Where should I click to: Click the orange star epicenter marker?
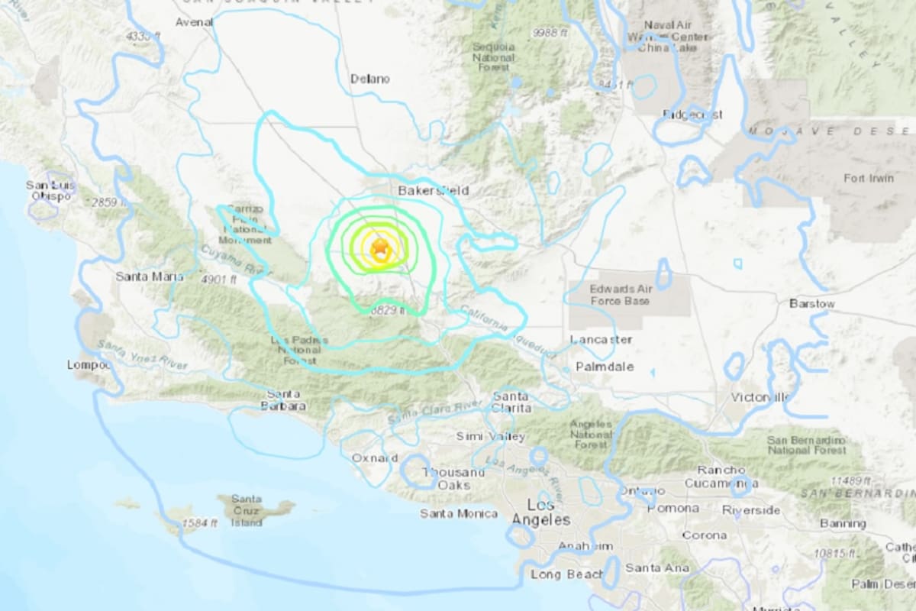(379, 247)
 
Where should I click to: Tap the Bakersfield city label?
(434, 190)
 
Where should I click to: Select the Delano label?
(369, 79)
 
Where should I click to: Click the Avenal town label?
(194, 22)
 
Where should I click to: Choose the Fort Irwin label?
(868, 179)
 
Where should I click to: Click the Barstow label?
(811, 304)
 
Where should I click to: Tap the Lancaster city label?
(601, 339)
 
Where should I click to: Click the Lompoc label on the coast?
(89, 365)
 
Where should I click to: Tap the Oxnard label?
(374, 458)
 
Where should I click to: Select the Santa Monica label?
(459, 513)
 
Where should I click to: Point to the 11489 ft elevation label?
(847, 480)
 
